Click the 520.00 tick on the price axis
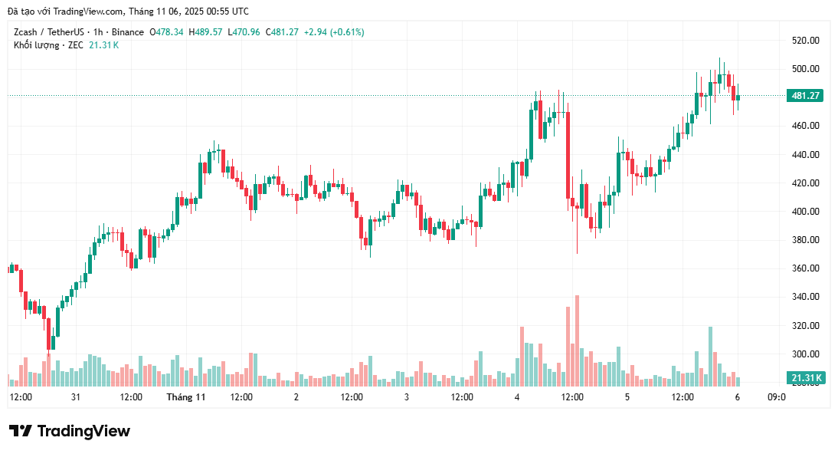click(x=806, y=40)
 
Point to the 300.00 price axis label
click(x=806, y=354)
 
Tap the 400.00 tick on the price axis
click(x=806, y=212)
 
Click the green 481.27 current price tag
click(x=806, y=96)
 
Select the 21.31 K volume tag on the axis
click(x=806, y=378)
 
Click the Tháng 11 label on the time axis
click(x=186, y=397)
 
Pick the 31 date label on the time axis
click(x=76, y=397)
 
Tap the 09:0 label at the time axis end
click(x=776, y=397)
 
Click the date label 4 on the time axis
click(x=517, y=397)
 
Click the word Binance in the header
click(x=126, y=32)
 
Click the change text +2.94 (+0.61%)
click(x=334, y=32)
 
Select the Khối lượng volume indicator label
click(x=37, y=45)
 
